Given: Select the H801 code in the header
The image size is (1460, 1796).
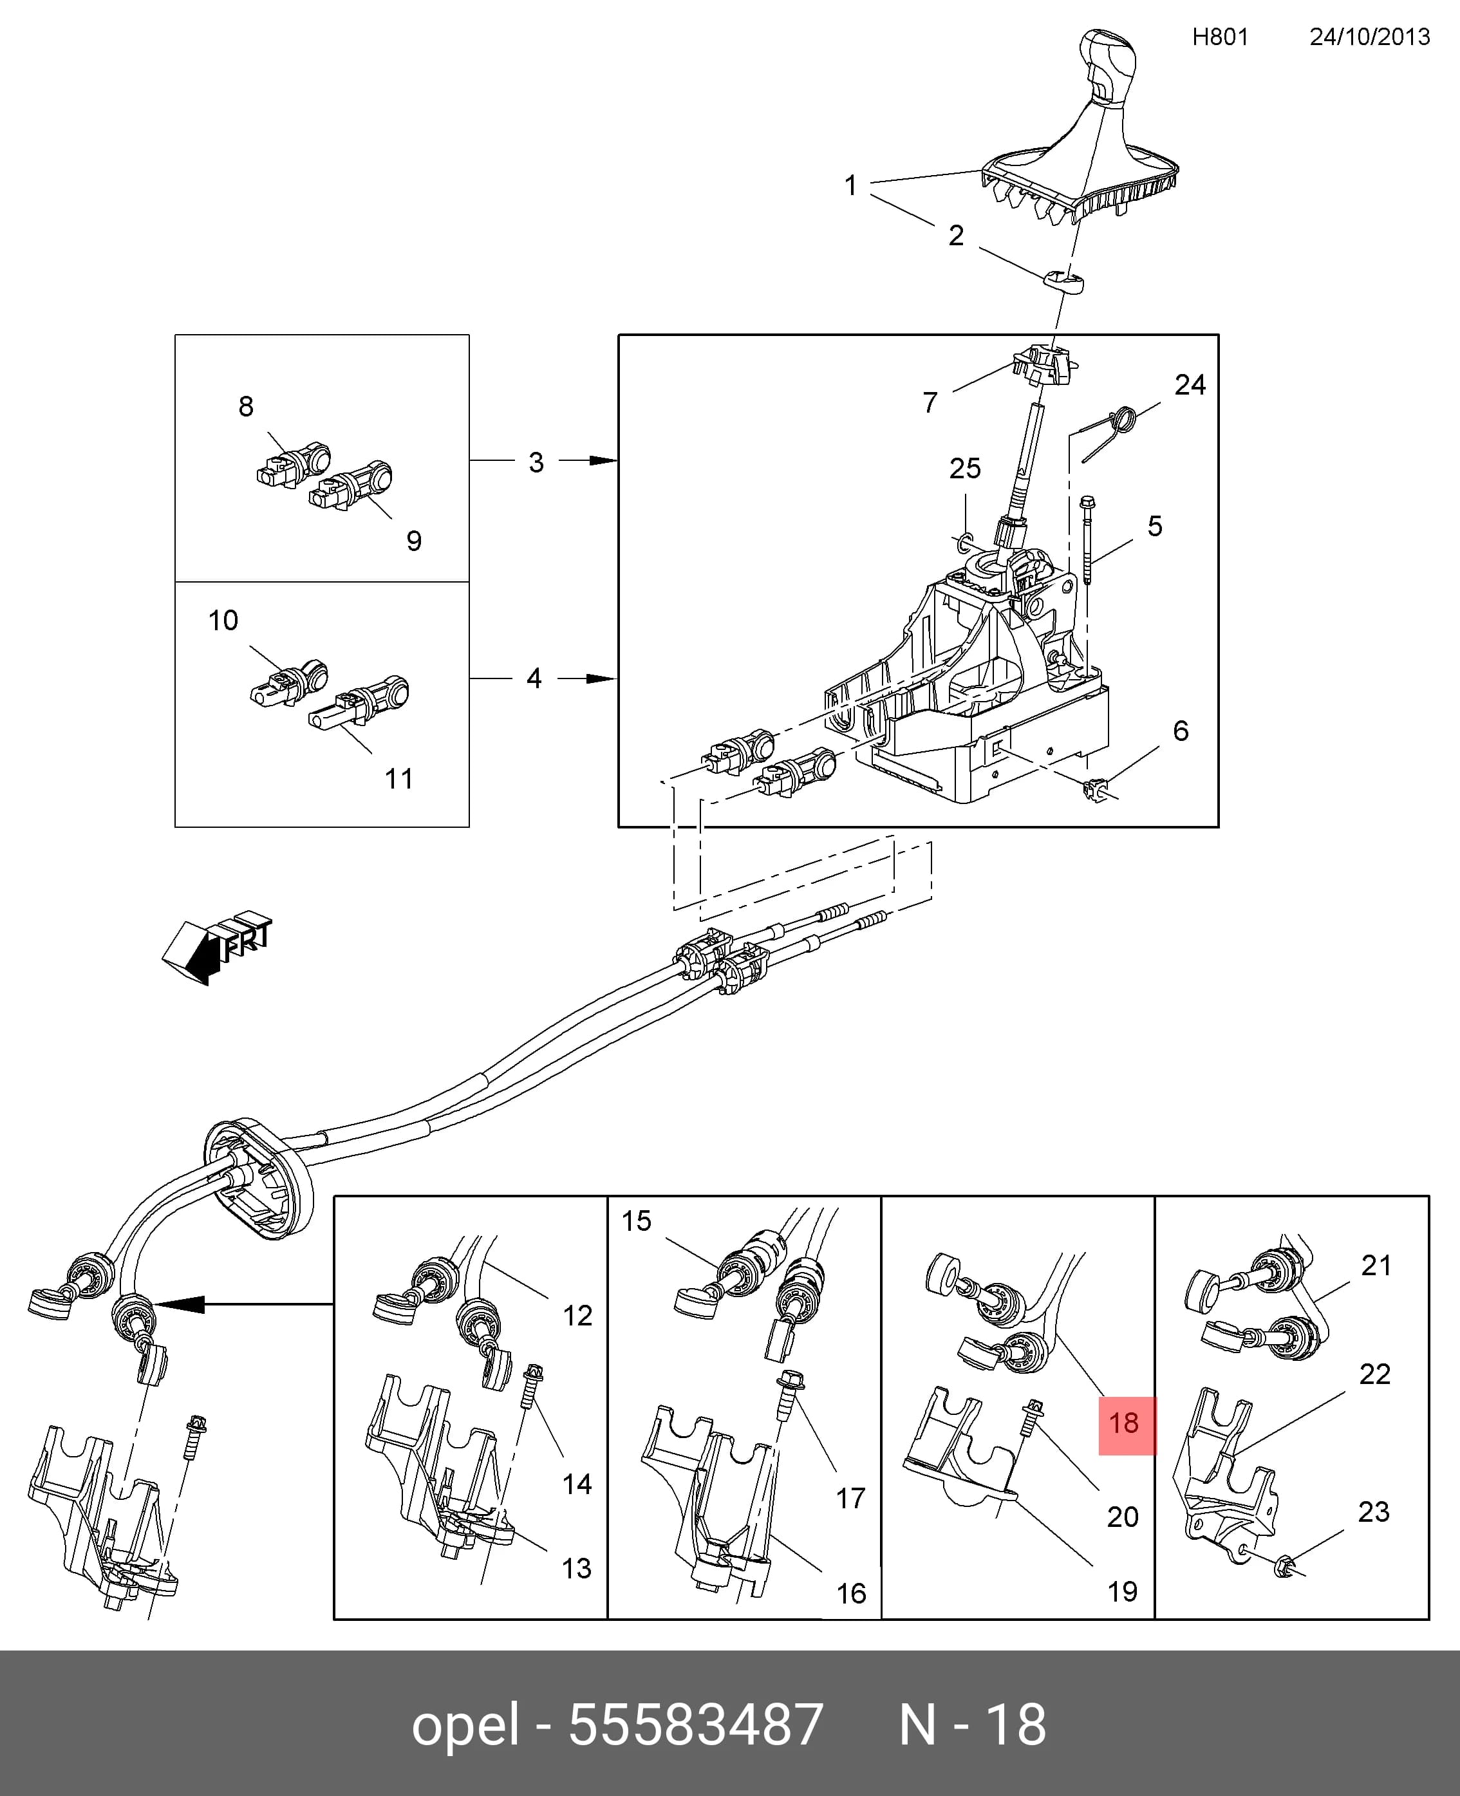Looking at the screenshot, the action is tap(1221, 37).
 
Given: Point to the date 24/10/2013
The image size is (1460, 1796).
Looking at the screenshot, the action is tap(1369, 37).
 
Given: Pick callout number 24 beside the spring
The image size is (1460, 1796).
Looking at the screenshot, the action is tap(1190, 385).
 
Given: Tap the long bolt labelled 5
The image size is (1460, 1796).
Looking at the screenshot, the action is tap(1087, 540).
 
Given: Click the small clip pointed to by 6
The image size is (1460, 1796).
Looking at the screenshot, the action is tap(1095, 789).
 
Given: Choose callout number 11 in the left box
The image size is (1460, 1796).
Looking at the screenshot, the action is tap(398, 779).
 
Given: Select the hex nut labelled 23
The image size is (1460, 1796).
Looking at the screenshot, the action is tap(1284, 1566).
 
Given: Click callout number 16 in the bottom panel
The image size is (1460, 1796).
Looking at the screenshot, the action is tap(851, 1593).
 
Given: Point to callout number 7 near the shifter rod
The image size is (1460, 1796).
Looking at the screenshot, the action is tap(930, 403).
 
